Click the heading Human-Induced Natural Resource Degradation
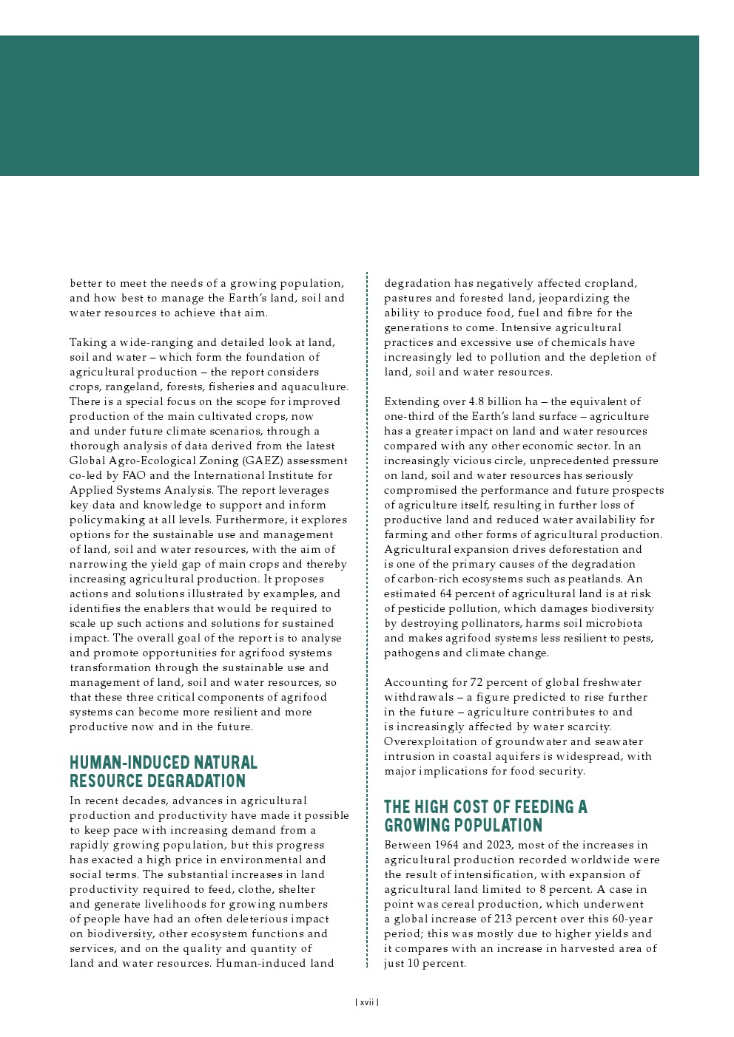[164, 772]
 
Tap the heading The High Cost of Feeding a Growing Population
[485, 816]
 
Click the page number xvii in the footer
[367, 1002]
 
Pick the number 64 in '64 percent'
[445, 594]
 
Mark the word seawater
[617, 741]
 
